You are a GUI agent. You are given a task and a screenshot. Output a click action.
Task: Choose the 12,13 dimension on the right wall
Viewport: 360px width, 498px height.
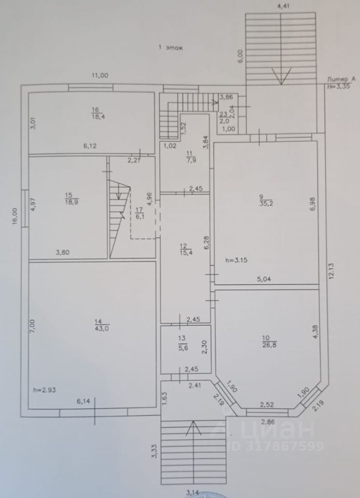click(x=331, y=270)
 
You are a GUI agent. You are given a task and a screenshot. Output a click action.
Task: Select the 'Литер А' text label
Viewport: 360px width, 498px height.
click(x=341, y=78)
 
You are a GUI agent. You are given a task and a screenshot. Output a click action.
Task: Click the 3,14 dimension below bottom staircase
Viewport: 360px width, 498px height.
click(x=192, y=493)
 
